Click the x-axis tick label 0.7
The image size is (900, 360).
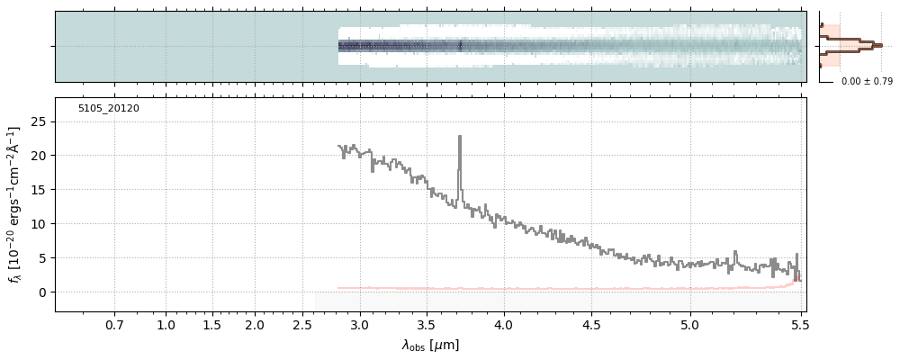[x=114, y=324]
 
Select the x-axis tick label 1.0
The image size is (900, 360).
[x=166, y=324]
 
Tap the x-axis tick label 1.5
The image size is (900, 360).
[x=211, y=324]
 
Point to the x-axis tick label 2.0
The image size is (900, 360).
[x=255, y=324]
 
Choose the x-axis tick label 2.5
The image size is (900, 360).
[x=303, y=324]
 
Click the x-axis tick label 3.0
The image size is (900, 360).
[x=360, y=324]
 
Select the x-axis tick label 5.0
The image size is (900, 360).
[x=690, y=324]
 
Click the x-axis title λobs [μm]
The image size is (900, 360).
[x=430, y=345]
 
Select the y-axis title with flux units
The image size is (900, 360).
[x=14, y=205]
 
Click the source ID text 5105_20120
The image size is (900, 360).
[x=108, y=109]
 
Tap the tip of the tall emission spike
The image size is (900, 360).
[x=460, y=136]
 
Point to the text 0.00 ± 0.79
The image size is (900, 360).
[x=867, y=82]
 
